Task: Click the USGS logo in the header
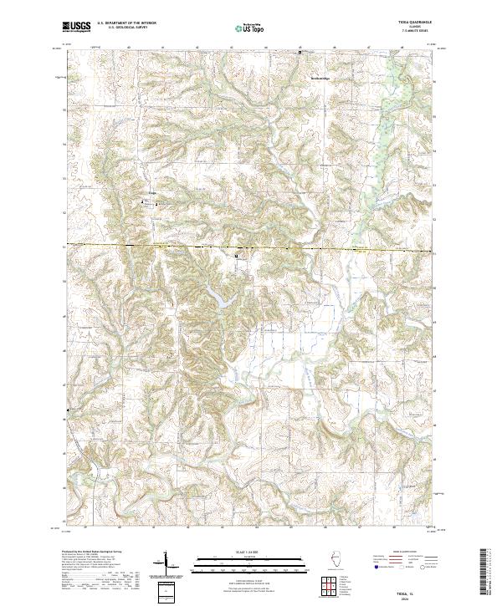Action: [76, 27]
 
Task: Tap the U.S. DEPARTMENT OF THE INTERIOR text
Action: [126, 24]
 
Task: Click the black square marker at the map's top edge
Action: [301, 52]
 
